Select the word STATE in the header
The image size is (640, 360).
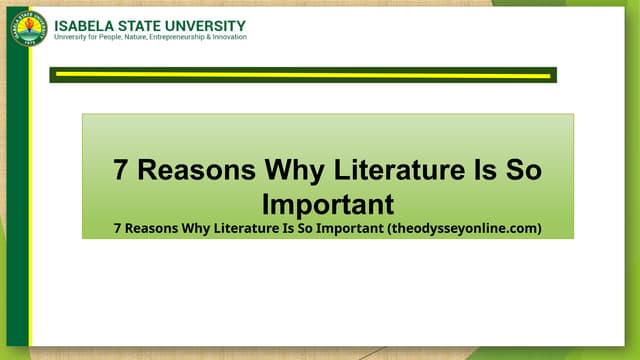point(143,24)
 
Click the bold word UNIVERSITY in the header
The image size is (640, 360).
point(207,24)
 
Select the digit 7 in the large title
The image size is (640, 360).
point(121,169)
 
